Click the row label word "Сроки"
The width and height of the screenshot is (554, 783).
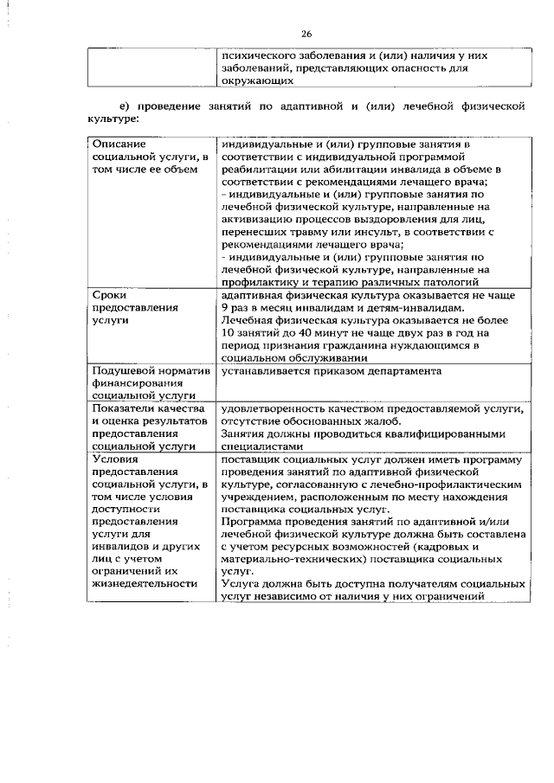[108, 295]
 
